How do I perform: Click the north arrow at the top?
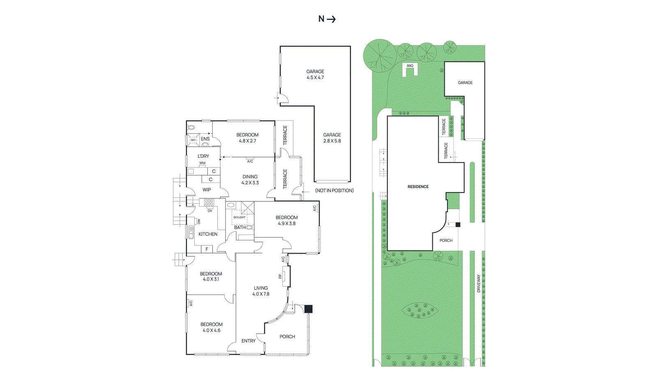pyautogui.click(x=327, y=19)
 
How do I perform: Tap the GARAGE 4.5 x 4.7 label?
pyautogui.click(x=315, y=74)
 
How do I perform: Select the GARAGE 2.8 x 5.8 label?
pyautogui.click(x=332, y=138)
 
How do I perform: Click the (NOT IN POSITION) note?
pyautogui.click(x=334, y=191)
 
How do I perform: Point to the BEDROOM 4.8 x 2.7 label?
pyautogui.click(x=247, y=138)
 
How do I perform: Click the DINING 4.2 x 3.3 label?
pyautogui.click(x=250, y=180)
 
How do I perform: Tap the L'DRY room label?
pyautogui.click(x=203, y=156)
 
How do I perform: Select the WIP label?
pyautogui.click(x=207, y=190)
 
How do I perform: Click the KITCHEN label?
pyautogui.click(x=208, y=234)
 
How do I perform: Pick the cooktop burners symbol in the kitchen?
pyautogui.click(x=209, y=202)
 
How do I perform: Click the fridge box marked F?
pyautogui.click(x=207, y=249)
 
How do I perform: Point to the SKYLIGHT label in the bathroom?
pyautogui.click(x=239, y=217)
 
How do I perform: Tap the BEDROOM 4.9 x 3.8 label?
pyautogui.click(x=287, y=221)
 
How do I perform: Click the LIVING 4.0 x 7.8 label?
pyautogui.click(x=261, y=291)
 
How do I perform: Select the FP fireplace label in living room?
pyautogui.click(x=280, y=276)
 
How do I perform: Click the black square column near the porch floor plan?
pyautogui.click(x=308, y=309)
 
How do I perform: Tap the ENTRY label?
pyautogui.click(x=248, y=341)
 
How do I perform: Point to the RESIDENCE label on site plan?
pyautogui.click(x=418, y=187)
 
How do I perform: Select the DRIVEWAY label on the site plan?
pyautogui.click(x=479, y=283)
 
